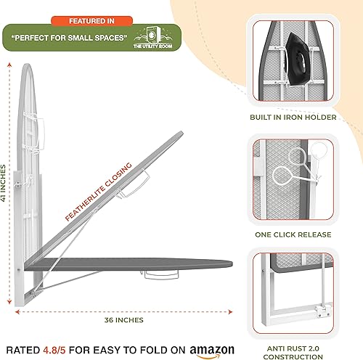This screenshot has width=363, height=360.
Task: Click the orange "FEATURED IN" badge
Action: point(91,21)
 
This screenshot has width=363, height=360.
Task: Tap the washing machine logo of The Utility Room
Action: point(152,35)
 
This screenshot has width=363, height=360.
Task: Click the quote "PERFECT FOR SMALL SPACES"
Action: point(69,38)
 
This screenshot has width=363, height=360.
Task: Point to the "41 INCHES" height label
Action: point(3,183)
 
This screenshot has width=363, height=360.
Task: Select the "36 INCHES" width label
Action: point(124,320)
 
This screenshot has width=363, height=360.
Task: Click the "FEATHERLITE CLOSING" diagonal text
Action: point(99,192)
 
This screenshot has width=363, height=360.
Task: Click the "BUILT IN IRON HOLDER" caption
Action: point(293,118)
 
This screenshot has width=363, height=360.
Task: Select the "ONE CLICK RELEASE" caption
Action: point(293,234)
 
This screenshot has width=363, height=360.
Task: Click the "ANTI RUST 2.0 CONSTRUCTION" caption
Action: point(293,353)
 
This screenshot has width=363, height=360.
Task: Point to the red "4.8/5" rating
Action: point(54,350)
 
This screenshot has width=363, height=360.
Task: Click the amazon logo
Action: point(212,351)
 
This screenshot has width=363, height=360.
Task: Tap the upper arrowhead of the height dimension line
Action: point(9,65)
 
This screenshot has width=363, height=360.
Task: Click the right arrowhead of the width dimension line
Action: point(230,312)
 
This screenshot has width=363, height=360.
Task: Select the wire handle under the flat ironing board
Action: point(161,275)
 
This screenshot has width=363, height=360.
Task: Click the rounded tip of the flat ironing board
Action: point(231,263)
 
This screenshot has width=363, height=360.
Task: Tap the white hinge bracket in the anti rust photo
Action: point(323,311)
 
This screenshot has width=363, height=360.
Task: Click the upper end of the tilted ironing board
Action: point(181,133)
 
